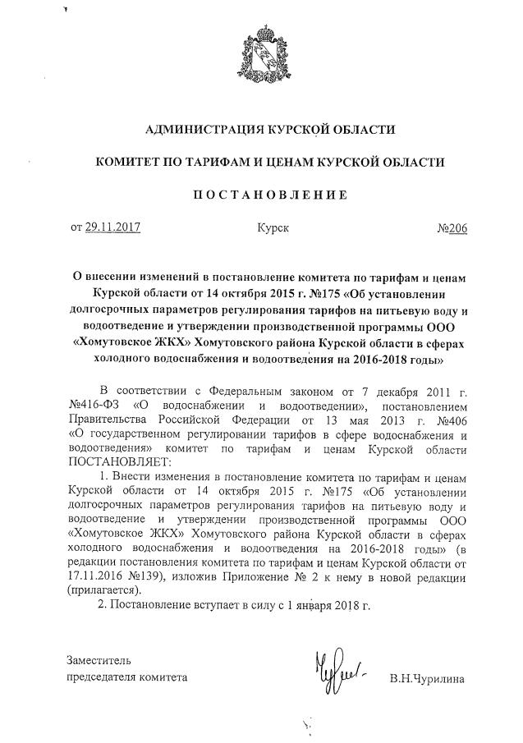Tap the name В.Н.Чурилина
(427, 678)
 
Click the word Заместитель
(99, 660)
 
